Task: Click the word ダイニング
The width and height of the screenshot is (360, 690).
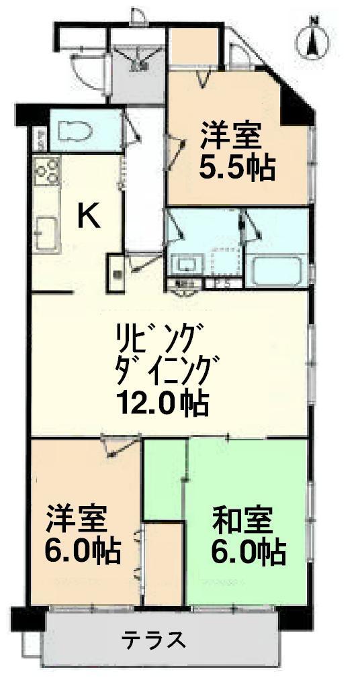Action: (167, 368)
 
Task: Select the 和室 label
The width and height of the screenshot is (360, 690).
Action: (242, 520)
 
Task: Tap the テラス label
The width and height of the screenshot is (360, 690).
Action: (154, 640)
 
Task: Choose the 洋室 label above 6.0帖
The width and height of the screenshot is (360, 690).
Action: (76, 518)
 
